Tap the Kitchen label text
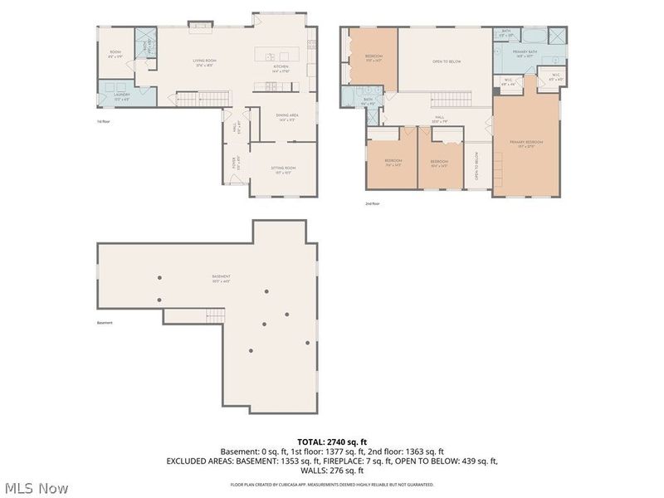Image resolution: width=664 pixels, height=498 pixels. click(x=280, y=69)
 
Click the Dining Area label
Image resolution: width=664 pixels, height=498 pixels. click(x=286, y=117)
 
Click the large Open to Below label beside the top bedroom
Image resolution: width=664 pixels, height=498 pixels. click(x=447, y=61)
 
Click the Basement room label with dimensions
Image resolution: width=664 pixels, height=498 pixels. click(x=220, y=278)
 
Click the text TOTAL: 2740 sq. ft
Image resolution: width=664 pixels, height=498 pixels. click(x=332, y=442)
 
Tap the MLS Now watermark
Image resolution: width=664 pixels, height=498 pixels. click(x=37, y=488)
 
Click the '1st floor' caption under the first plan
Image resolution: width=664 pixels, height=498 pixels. click(x=104, y=122)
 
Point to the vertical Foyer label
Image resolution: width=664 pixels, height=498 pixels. click(x=234, y=164)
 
